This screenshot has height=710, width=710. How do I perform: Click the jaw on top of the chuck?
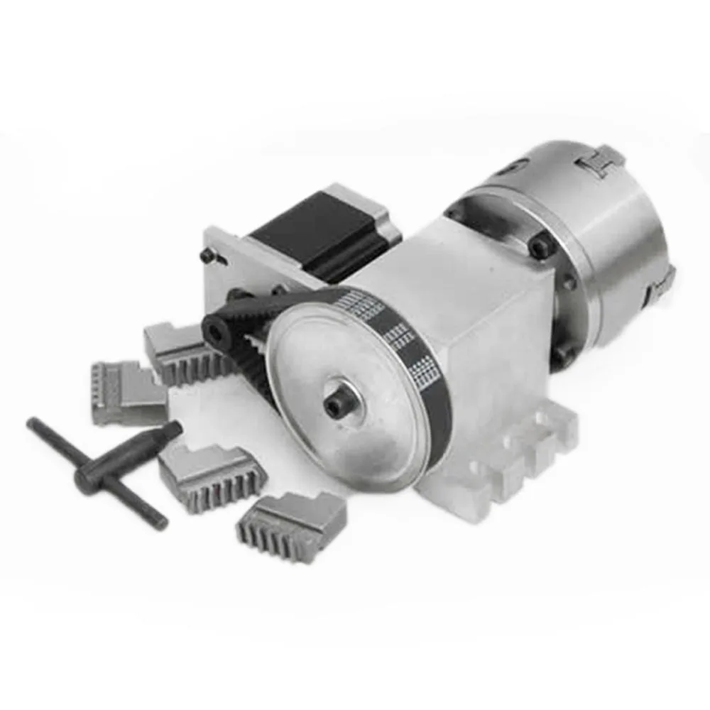tap(601, 160)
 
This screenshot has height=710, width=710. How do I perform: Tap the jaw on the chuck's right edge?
tap(664, 280)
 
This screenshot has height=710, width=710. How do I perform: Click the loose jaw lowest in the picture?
tap(291, 525)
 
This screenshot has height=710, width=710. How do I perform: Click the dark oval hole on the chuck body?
tap(506, 168)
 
